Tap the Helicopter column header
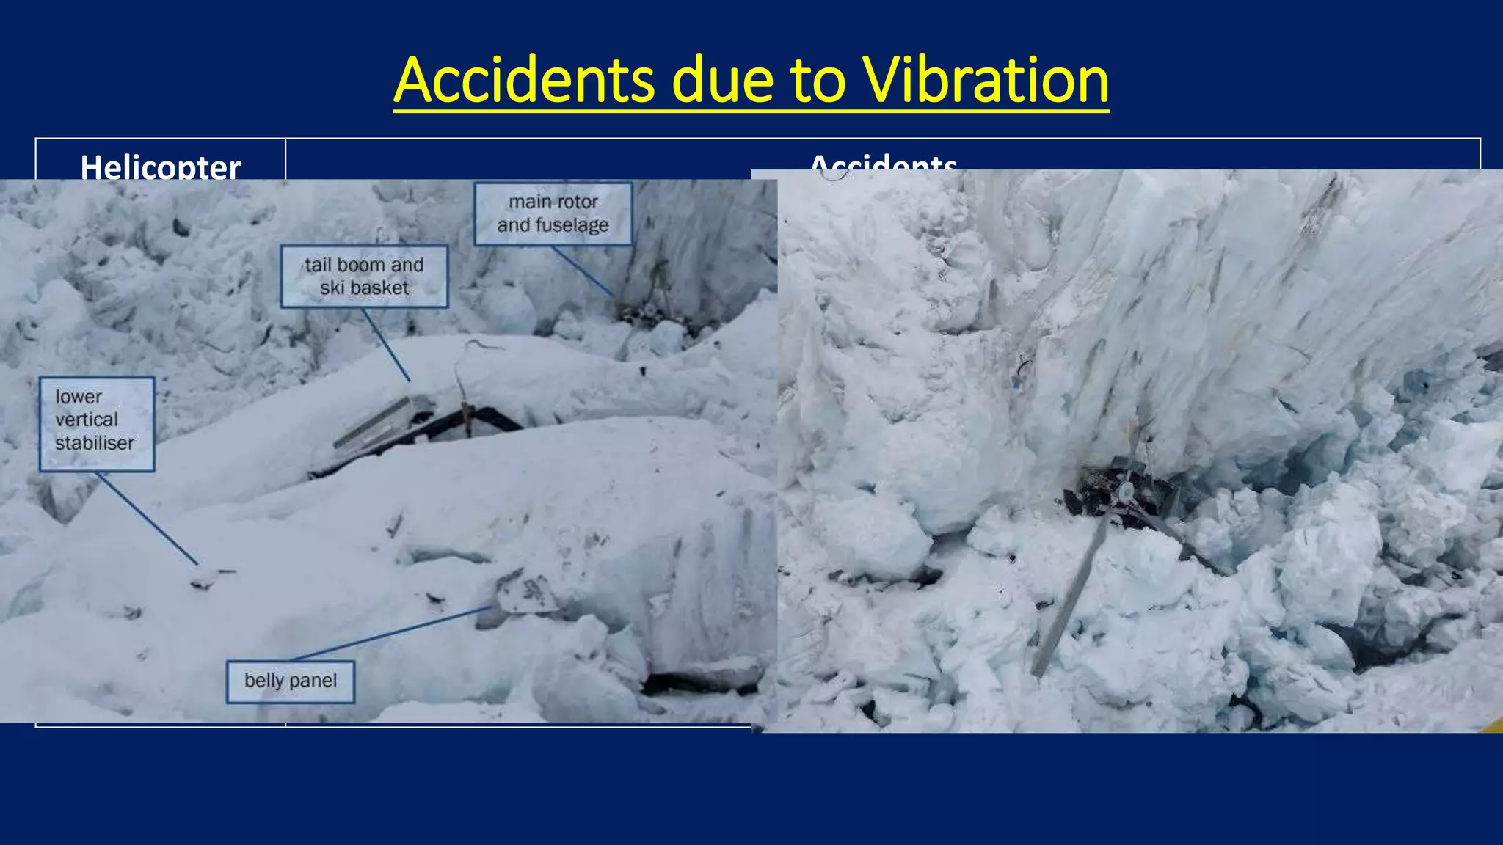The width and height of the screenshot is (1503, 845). pos(160,166)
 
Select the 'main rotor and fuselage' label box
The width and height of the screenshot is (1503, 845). pos(553,213)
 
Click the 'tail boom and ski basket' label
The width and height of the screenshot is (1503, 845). pos(364,276)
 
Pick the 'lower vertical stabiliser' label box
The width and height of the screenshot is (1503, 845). pos(96,424)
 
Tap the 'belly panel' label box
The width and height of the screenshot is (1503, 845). pos(291,681)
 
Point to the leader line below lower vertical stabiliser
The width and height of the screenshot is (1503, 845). pos(147,518)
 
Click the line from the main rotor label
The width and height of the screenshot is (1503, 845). pos(583,272)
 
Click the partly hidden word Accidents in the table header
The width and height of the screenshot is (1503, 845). pos(883,163)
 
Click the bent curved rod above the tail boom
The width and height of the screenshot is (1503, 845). pos(470,352)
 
